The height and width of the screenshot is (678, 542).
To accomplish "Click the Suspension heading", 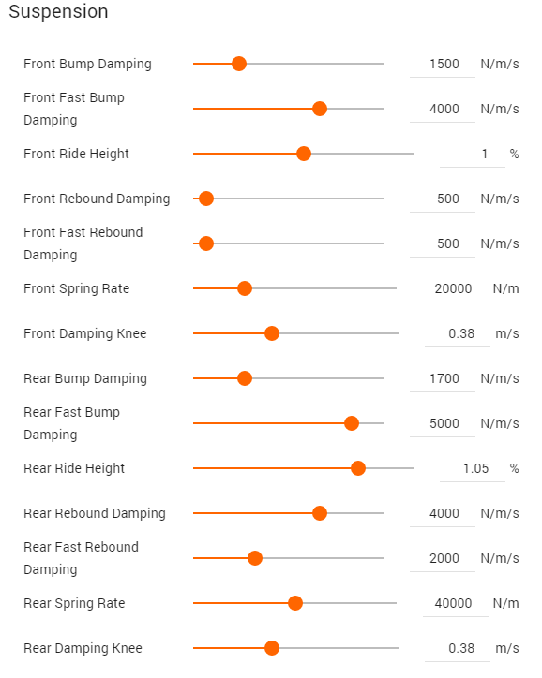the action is (58, 11).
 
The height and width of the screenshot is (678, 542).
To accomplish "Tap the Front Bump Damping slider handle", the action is (239, 64).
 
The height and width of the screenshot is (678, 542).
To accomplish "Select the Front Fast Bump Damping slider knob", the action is (320, 109).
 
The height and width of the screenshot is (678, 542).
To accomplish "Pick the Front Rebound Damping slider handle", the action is (206, 199).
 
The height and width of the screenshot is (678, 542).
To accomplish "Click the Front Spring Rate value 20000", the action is (453, 288).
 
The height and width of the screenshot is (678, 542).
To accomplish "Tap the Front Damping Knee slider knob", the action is (272, 333).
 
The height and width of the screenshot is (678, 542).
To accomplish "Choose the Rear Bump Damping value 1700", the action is (444, 378).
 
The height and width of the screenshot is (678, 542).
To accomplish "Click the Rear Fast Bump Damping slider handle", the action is (352, 423).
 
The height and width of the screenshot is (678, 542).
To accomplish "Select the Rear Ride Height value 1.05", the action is (475, 468).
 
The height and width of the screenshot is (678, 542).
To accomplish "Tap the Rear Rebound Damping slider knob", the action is (320, 513).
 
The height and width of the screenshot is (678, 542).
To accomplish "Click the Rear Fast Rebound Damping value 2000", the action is (444, 558).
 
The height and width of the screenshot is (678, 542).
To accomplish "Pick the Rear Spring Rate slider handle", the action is (295, 603).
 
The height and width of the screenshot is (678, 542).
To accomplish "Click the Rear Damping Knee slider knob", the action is (272, 648).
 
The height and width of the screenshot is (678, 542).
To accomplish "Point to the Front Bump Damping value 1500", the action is (444, 64).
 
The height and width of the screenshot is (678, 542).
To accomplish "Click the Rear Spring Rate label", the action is (74, 603).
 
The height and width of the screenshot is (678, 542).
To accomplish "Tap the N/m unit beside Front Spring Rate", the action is (506, 288).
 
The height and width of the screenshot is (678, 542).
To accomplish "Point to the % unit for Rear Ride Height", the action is (514, 468).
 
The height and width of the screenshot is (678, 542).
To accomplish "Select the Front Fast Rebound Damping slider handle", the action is (206, 243).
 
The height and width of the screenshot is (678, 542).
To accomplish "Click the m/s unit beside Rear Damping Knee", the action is (507, 648).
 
